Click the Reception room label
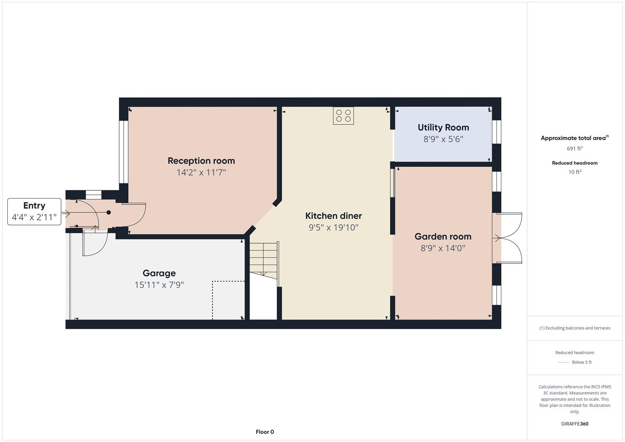[201, 161]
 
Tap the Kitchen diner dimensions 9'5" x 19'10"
[334, 228]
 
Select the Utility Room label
[443, 128]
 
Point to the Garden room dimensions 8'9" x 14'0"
[443, 248]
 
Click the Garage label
[159, 273]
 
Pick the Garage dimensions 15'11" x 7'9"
[159, 285]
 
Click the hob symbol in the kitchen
[343, 115]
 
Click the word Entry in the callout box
[34, 205]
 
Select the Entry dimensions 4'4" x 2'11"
[34, 217]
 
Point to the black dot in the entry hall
[108, 212]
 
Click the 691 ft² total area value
[575, 149]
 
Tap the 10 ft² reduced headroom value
[575, 172]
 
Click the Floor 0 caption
[265, 432]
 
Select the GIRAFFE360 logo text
[575, 424]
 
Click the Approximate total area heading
[575, 138]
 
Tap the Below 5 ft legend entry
[575, 362]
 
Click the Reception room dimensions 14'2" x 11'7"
[201, 172]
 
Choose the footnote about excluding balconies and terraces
[575, 328]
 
